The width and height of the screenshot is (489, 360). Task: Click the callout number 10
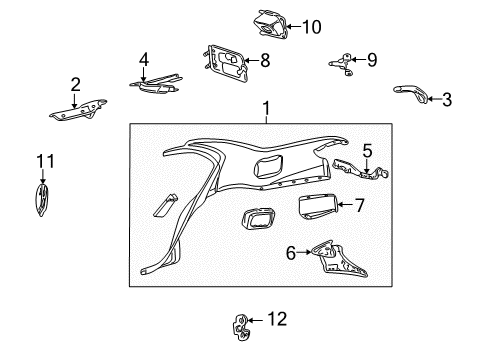tap(312, 27)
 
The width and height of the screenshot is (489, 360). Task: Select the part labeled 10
tap(270, 24)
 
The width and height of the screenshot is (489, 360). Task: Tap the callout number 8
tap(265, 61)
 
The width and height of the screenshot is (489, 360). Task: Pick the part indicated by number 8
tap(226, 63)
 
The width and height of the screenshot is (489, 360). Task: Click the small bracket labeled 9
tap(343, 63)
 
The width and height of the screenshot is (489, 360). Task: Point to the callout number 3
tap(447, 99)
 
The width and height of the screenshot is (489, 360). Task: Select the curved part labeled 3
tap(411, 93)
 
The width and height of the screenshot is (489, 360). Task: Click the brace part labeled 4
tap(156, 84)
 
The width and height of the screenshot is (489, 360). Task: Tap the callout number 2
tap(76, 84)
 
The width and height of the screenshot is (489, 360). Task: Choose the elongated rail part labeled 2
tap(78, 109)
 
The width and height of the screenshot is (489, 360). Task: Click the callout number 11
tap(45, 161)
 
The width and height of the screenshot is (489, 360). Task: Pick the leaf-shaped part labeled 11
tap(42, 199)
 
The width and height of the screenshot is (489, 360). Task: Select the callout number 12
tap(277, 319)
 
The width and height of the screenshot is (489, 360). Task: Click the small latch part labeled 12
tap(240, 327)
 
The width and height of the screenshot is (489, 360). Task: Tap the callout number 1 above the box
tap(266, 108)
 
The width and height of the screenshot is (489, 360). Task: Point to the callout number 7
tap(359, 205)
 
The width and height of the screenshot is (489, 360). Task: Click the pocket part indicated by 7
tap(318, 206)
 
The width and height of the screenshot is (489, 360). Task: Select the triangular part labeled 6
tap(338, 259)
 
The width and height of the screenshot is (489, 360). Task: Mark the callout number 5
tap(367, 151)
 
